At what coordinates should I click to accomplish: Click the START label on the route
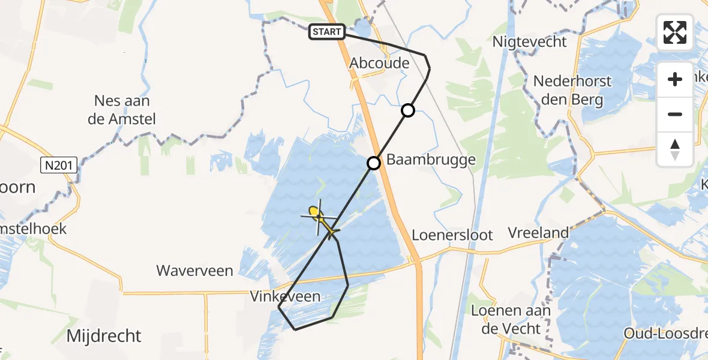point(327,32)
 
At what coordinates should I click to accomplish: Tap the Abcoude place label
point(379,63)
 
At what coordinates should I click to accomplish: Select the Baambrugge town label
point(431,160)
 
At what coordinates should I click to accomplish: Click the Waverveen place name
point(194,271)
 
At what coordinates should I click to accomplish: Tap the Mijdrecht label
point(104,335)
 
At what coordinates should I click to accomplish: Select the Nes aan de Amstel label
point(122,110)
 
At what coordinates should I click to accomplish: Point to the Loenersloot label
point(453,235)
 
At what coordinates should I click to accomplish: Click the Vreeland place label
point(538,233)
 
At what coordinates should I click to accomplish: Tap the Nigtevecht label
point(529,42)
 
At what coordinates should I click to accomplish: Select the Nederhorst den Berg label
point(572,90)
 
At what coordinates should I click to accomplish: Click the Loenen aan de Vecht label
point(510,319)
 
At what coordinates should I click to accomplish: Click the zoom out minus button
point(675,115)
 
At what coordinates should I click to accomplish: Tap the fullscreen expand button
point(675,32)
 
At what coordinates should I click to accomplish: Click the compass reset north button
point(675,149)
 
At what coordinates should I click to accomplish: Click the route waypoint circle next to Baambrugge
point(374,163)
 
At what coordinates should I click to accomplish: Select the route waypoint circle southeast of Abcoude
point(408,110)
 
